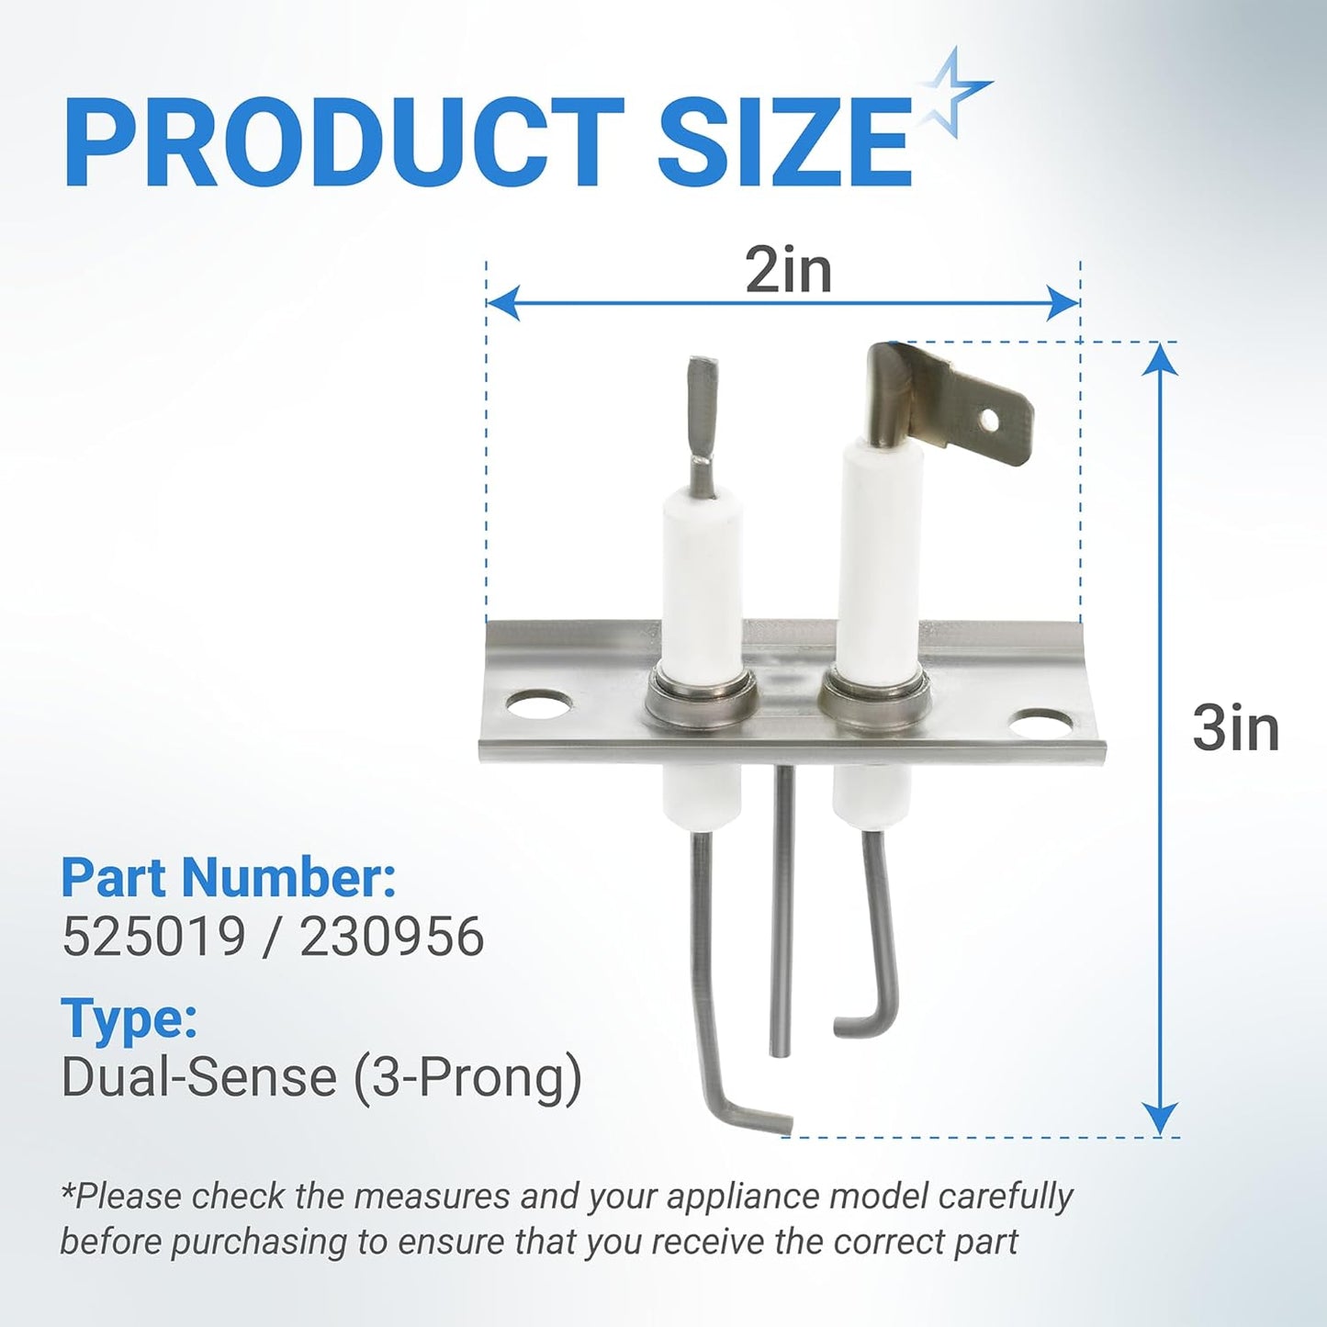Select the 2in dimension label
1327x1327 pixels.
coord(789,271)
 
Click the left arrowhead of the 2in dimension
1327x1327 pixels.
coord(502,303)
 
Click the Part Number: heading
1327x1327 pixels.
coord(230,877)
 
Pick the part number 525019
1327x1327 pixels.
coord(153,938)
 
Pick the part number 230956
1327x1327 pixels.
coord(391,938)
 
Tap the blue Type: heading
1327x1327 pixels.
coord(129,1020)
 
